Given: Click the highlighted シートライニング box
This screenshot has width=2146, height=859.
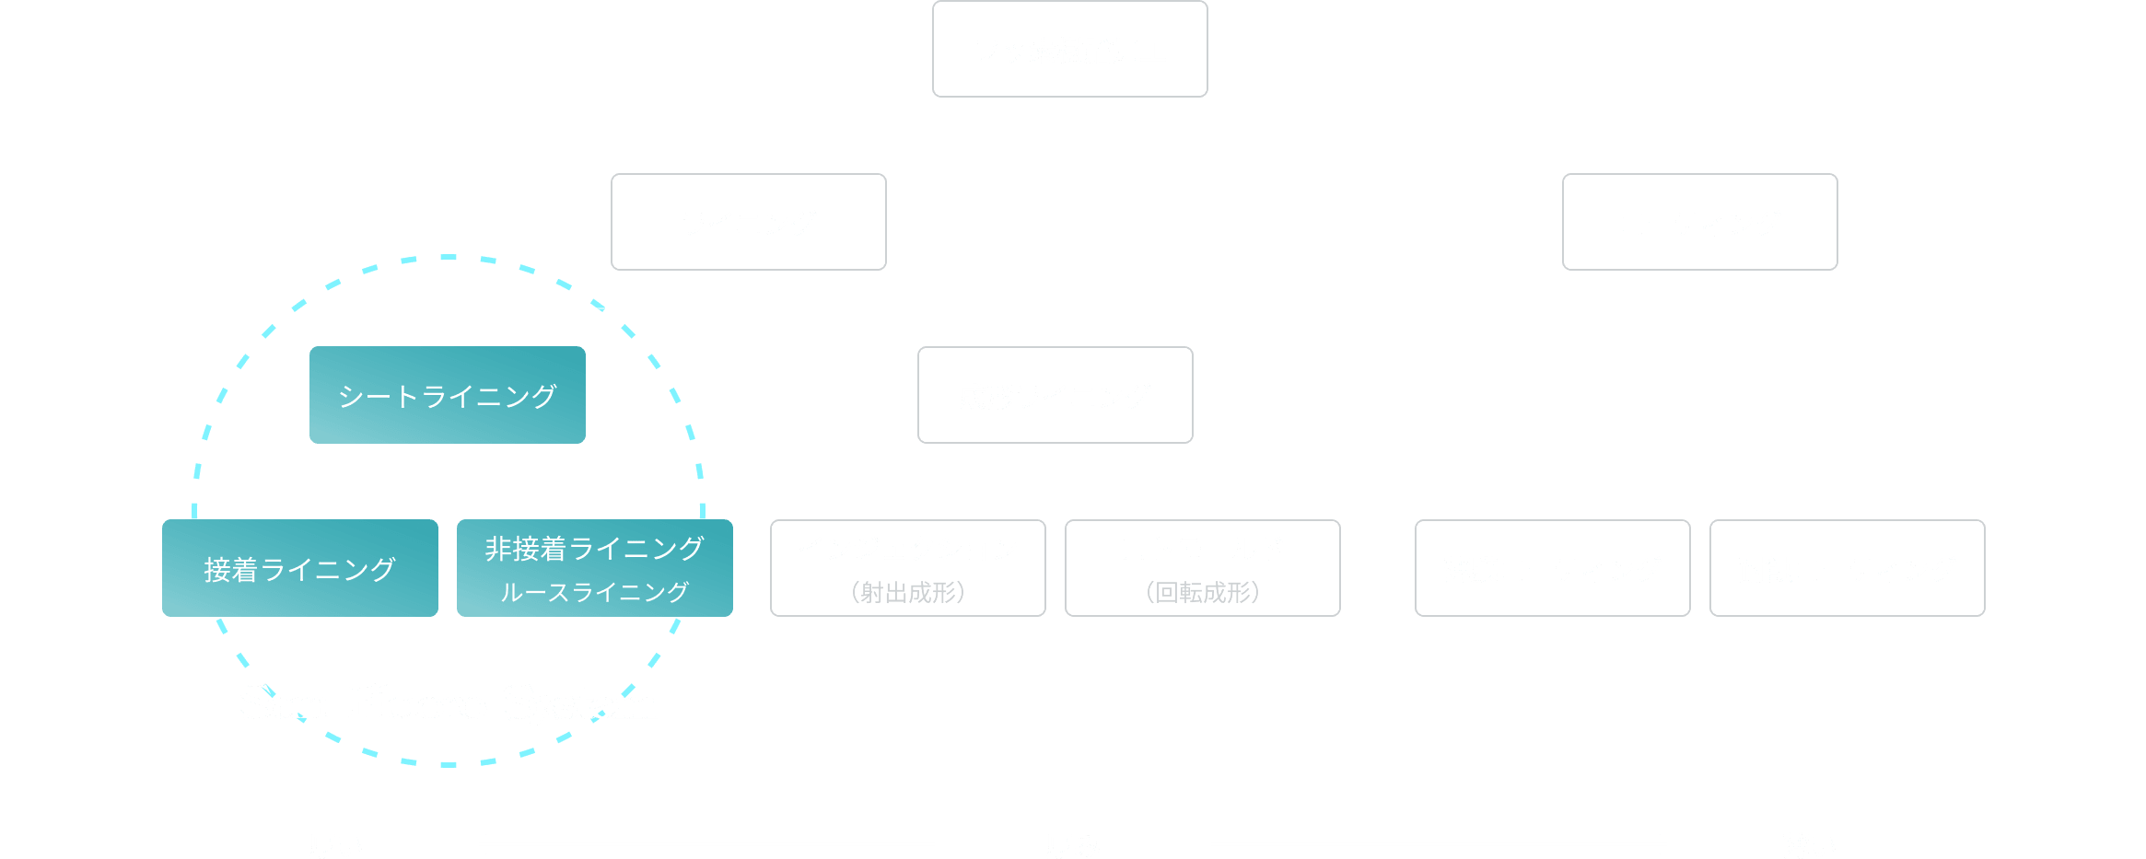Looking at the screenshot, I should (x=448, y=396).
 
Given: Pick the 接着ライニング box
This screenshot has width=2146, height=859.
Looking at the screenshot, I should (x=300, y=569).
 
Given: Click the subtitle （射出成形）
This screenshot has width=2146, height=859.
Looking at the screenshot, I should (x=908, y=592).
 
